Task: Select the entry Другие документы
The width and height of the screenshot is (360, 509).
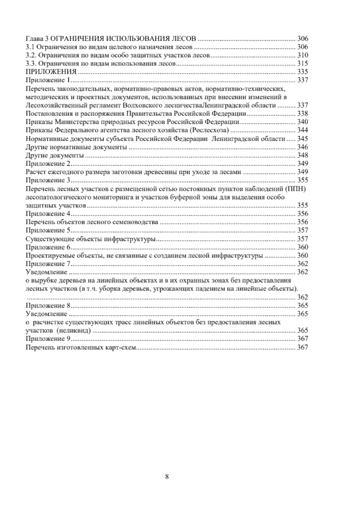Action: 55,155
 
